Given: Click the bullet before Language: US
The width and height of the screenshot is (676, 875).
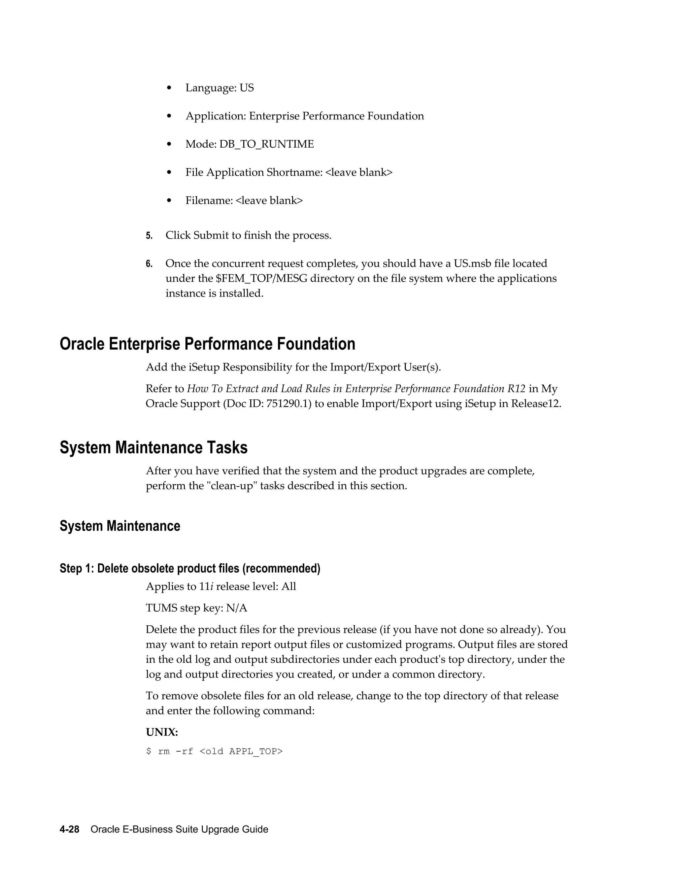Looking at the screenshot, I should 169,88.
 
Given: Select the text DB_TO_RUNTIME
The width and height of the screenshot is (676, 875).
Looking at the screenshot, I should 266,144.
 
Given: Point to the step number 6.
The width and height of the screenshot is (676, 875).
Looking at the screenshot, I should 149,264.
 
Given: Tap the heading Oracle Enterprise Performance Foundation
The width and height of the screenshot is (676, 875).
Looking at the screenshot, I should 207,344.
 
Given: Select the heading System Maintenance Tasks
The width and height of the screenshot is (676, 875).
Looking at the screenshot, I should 153,447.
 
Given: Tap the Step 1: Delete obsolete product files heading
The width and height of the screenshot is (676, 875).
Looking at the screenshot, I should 190,569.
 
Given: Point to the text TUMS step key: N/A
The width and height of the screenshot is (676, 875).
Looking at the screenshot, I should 196,608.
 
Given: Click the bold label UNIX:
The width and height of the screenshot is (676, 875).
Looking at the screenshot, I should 162,732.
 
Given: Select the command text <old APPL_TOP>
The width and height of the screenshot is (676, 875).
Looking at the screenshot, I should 241,752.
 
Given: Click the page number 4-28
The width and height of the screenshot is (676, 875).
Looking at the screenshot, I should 69,829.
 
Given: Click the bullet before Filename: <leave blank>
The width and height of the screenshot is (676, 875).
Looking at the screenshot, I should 169,201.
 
